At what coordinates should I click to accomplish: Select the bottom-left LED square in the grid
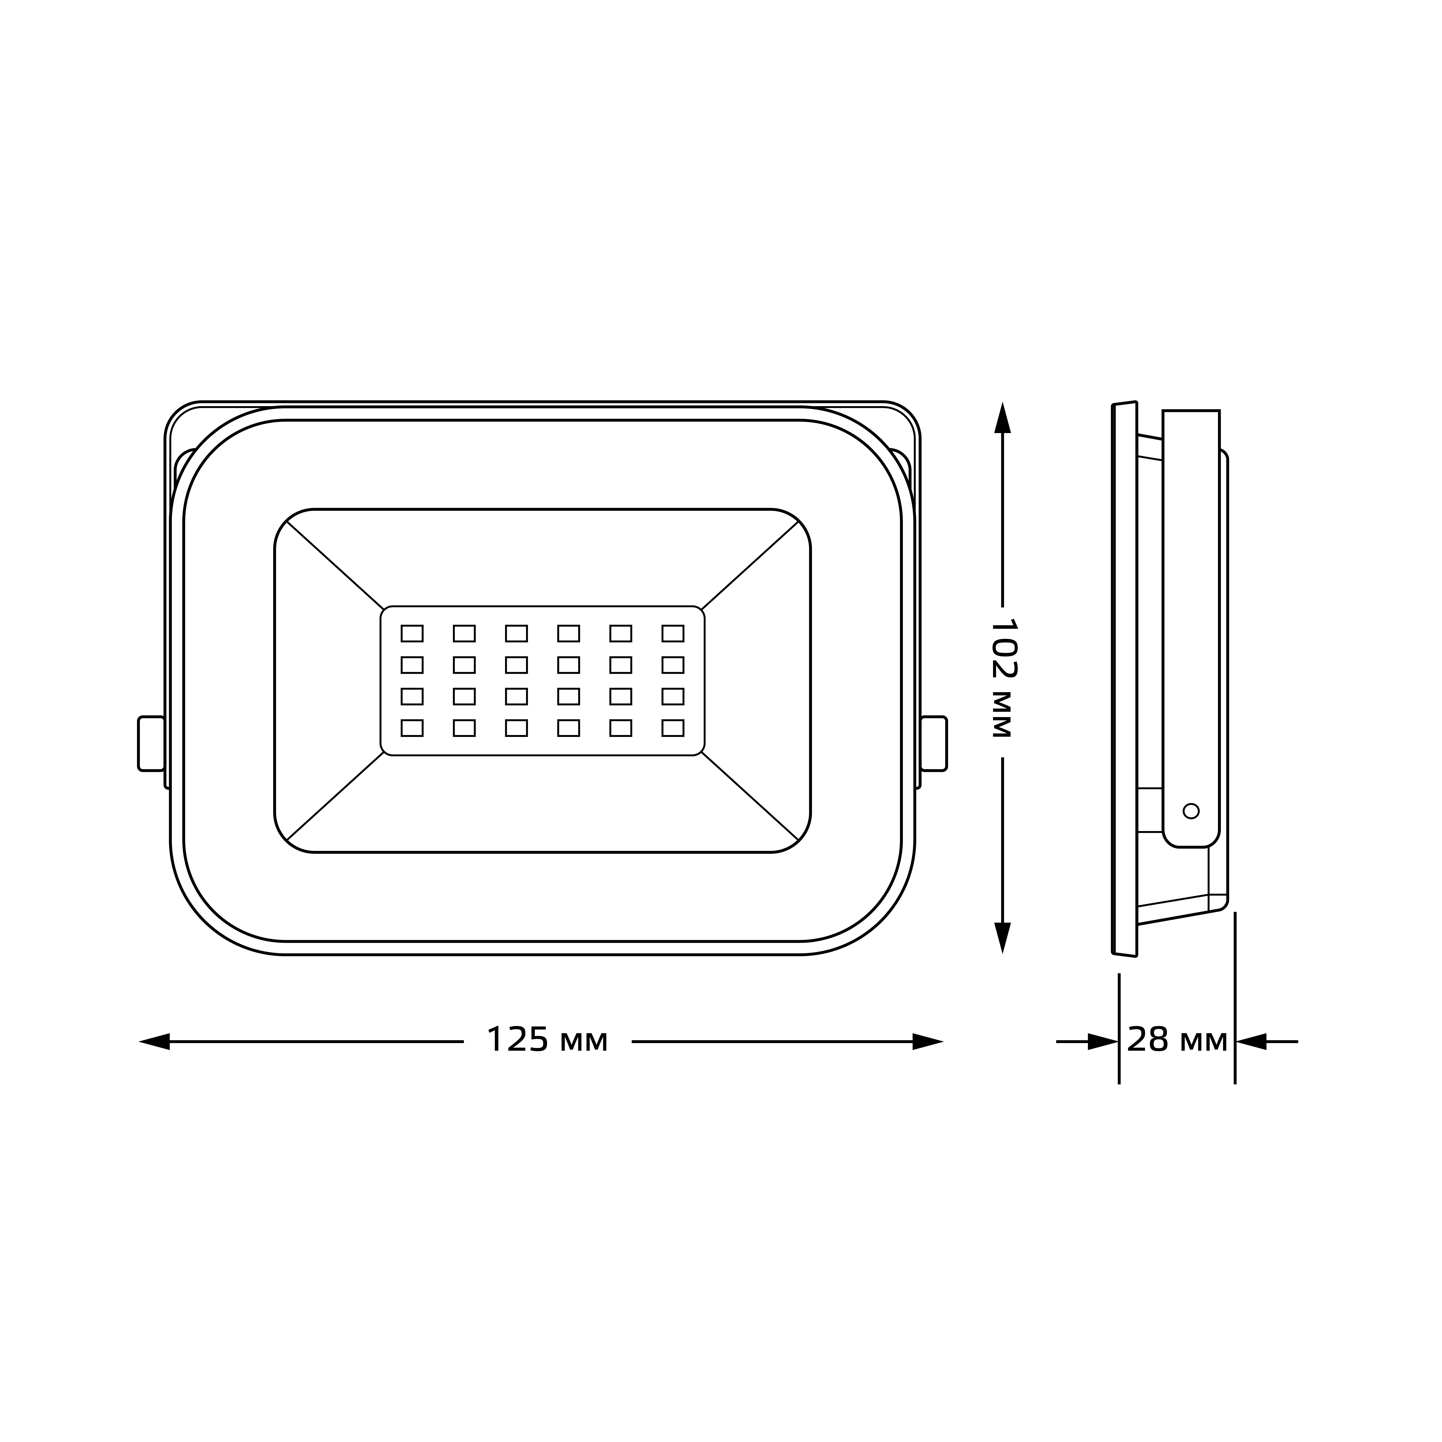[412, 728]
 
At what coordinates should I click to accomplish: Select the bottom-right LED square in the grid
[673, 728]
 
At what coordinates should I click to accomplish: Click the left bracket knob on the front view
[152, 743]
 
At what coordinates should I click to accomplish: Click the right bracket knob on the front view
[934, 743]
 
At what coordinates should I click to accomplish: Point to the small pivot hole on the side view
[1191, 811]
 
